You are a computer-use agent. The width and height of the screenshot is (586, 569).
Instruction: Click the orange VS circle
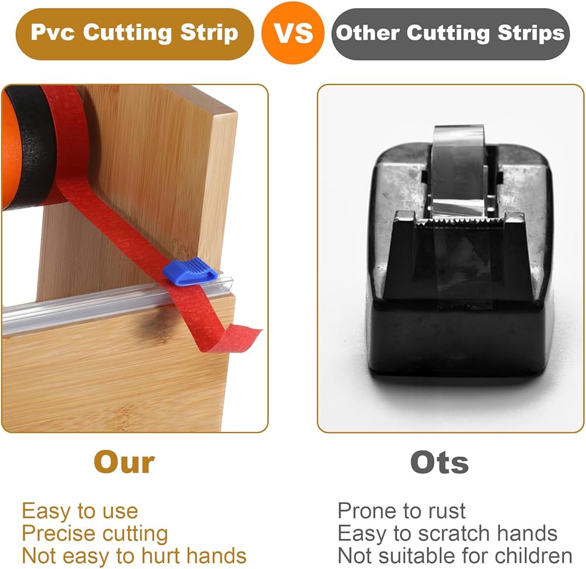tap(292, 33)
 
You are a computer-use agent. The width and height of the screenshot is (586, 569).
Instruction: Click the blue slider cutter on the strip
tap(190, 271)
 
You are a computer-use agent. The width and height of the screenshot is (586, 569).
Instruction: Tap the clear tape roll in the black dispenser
tap(458, 172)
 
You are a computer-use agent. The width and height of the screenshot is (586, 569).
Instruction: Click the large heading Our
tap(124, 462)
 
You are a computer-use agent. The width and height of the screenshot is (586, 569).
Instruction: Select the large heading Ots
tap(439, 462)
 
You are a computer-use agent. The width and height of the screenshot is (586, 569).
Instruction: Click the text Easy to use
tap(80, 510)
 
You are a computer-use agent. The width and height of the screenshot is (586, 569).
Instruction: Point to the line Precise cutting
tap(95, 533)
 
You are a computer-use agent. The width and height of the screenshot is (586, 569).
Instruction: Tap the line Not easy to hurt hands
tap(134, 556)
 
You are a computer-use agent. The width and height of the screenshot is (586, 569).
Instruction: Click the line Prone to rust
tap(401, 510)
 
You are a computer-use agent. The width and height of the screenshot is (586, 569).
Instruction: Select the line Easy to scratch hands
tap(447, 533)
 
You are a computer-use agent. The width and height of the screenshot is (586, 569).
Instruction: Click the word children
tap(534, 556)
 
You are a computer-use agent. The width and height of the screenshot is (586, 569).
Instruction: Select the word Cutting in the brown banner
tap(128, 32)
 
